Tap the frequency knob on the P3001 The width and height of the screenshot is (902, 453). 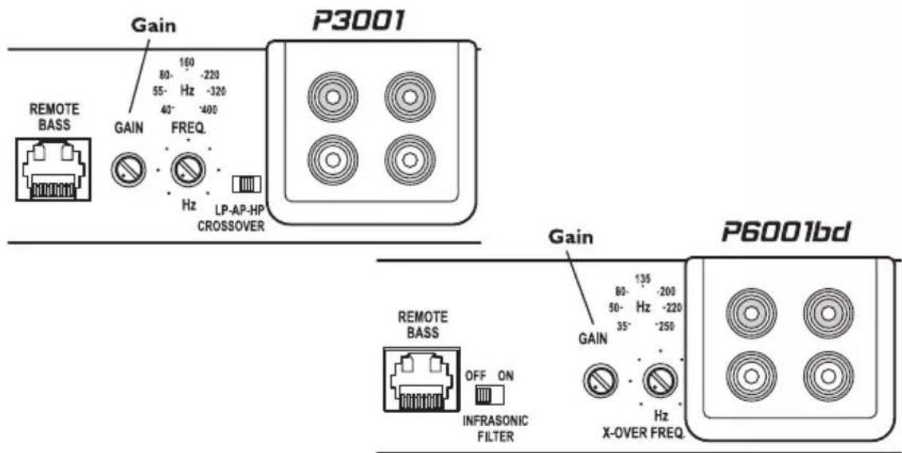point(189,169)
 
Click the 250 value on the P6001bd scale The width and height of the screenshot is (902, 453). point(666,326)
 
